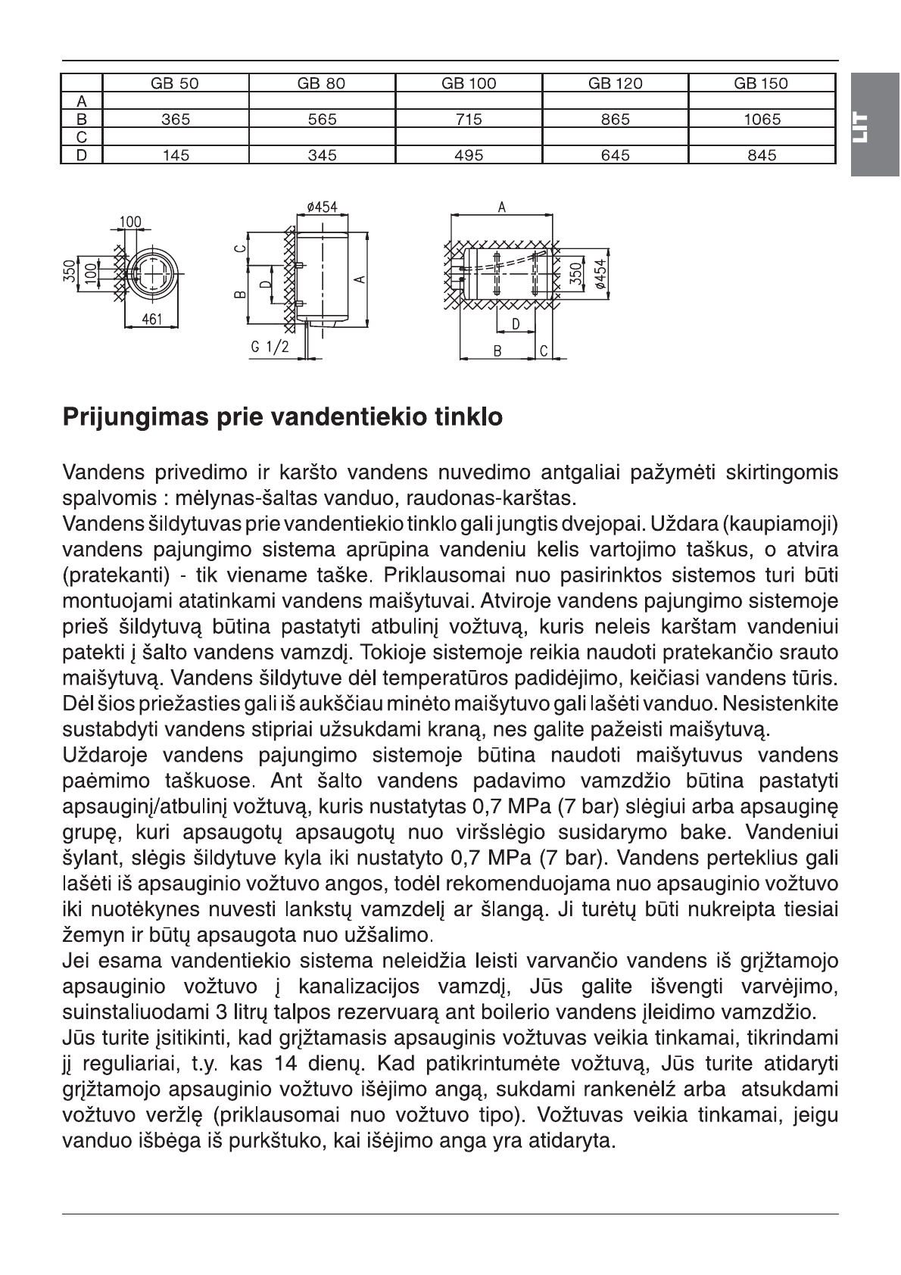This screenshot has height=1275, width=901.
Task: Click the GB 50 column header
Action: (x=175, y=83)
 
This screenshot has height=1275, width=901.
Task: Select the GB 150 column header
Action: (x=760, y=83)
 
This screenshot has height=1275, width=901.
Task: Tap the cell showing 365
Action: (x=175, y=119)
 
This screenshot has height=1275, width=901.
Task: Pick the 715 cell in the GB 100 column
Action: (x=469, y=119)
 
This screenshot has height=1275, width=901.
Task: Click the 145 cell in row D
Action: (x=175, y=155)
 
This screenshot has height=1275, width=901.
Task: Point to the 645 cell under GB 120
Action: (x=615, y=155)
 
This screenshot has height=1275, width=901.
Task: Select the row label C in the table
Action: (x=82, y=137)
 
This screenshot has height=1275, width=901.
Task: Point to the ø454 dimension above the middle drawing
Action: (x=323, y=207)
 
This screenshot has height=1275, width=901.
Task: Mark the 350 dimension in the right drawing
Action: (x=575, y=270)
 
